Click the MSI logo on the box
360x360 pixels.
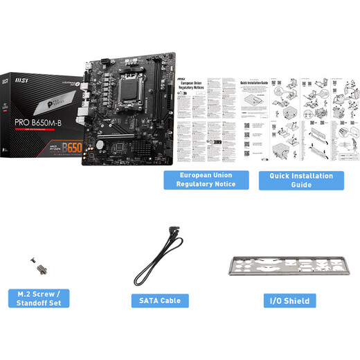tap(22, 81)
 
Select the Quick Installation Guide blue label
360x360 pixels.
tap(300, 180)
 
